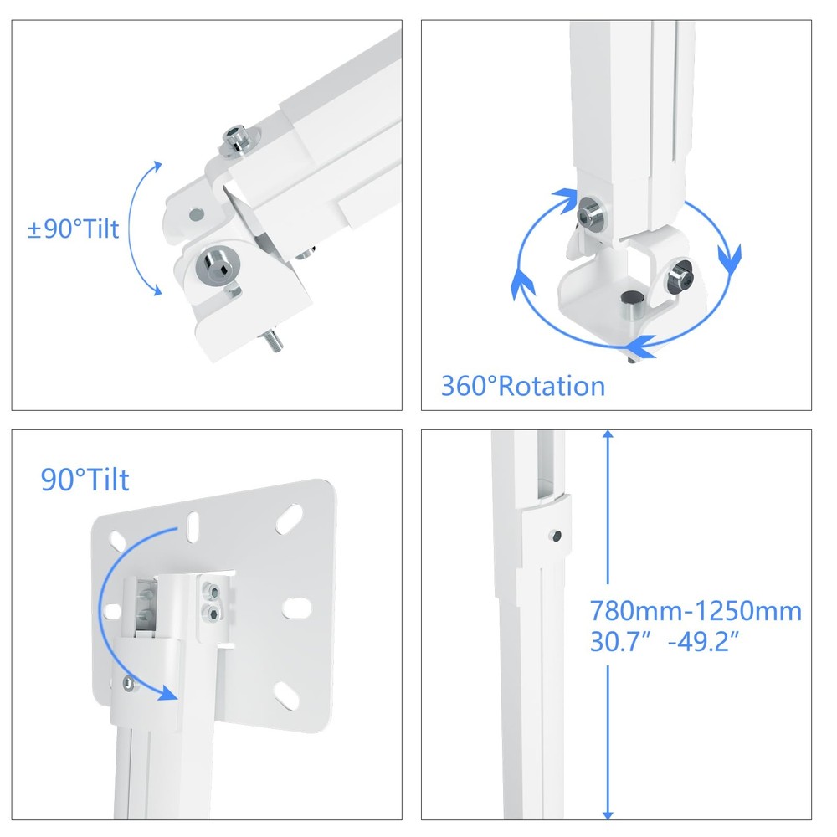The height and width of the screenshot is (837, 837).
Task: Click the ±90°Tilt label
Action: point(74,229)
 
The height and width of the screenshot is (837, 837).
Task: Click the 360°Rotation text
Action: point(523,386)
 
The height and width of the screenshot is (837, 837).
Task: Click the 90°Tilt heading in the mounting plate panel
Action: point(85,480)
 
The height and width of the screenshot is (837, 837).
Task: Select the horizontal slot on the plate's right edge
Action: point(297,603)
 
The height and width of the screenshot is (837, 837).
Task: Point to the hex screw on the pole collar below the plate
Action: point(127,686)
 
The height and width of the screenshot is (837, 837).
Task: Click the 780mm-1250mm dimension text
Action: point(696,611)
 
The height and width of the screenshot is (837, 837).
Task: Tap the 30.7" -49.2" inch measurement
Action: point(666,643)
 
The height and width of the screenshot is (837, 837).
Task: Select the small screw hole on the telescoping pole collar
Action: point(555,533)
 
